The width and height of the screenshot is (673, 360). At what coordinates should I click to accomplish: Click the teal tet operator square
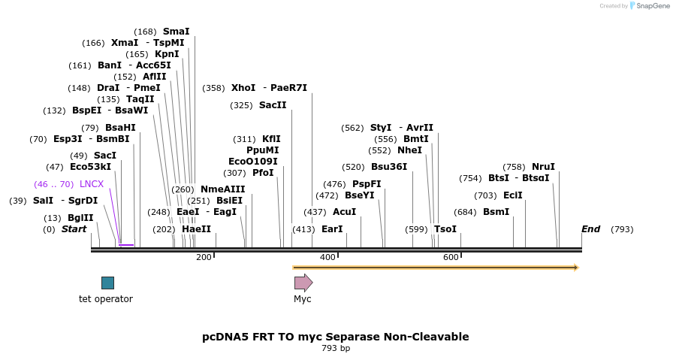[x=107, y=283]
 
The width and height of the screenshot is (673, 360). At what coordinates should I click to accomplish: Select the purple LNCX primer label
[x=92, y=184]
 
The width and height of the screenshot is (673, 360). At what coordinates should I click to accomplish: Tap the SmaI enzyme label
[x=176, y=32]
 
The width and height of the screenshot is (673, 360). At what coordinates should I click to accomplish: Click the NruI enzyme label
[x=543, y=167]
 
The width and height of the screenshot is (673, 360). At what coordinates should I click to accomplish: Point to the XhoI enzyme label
[x=243, y=88]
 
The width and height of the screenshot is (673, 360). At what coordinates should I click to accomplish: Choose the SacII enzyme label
[x=273, y=105]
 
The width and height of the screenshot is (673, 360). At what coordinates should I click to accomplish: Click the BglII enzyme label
[x=80, y=218]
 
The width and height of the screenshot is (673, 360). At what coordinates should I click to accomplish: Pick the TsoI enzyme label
[x=445, y=229]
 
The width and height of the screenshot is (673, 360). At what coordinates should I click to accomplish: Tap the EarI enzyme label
[x=332, y=229]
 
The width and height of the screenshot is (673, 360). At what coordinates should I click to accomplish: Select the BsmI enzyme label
[x=496, y=212]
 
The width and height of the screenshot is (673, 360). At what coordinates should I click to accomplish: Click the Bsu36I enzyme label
[x=389, y=167]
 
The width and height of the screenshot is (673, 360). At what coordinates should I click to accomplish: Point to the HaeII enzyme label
[x=196, y=229]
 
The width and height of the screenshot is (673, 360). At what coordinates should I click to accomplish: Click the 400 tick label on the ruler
[x=327, y=258]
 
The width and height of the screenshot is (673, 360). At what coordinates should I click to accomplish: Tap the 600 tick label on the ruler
[x=451, y=258]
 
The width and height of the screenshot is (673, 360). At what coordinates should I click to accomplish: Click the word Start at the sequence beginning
[x=74, y=229]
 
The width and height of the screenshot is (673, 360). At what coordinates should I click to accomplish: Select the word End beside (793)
[x=590, y=229]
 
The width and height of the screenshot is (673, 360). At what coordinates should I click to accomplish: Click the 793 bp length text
[x=336, y=348]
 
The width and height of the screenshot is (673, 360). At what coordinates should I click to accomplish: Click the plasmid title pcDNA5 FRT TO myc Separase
[x=336, y=337]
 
